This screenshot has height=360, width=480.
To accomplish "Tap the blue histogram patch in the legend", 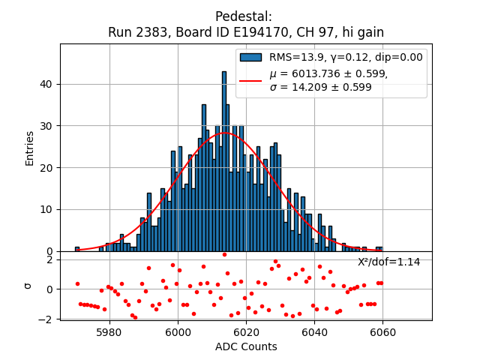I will (x=250, y=57).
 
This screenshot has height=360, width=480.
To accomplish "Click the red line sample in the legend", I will (x=250, y=80).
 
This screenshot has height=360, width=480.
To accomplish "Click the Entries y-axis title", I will (x=30, y=148).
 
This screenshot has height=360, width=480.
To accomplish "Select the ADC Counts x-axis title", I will (x=246, y=346).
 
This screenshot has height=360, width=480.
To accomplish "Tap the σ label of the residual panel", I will (x=28, y=285).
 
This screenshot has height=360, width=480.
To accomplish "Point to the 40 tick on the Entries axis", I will (x=47, y=84).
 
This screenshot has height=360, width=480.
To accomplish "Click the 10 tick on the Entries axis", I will (x=47, y=209).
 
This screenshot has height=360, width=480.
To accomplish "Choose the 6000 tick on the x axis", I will (x=178, y=331).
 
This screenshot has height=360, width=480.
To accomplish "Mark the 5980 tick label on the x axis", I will (x=109, y=331).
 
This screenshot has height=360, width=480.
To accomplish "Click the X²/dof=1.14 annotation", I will (x=388, y=262).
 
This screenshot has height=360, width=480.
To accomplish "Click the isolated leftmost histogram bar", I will (x=76, y=249).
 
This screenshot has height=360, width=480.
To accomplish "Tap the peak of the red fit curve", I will (x=224, y=133).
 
